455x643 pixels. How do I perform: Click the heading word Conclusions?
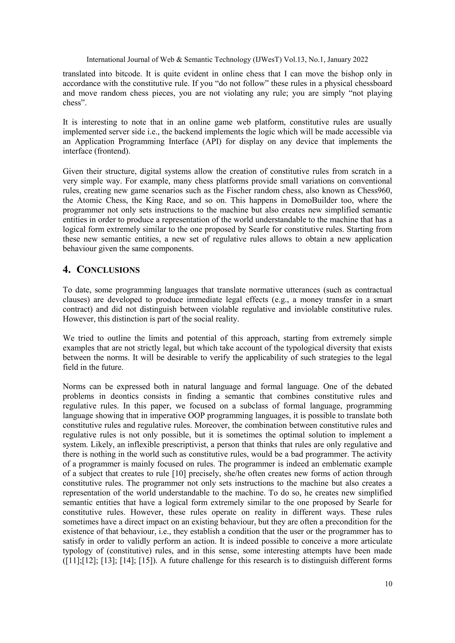click(108, 270)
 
